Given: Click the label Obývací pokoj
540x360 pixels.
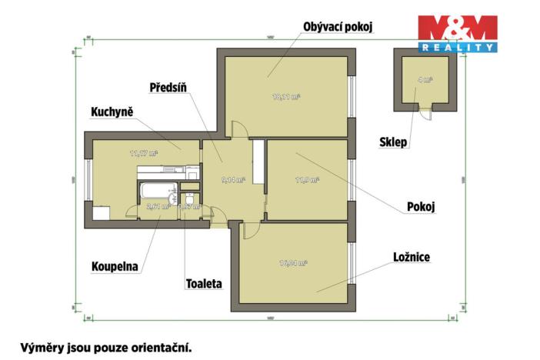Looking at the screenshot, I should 338,27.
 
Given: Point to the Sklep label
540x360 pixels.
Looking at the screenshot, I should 394,142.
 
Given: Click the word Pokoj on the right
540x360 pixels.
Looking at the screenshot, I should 422,207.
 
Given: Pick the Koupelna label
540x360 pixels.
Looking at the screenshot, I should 112,268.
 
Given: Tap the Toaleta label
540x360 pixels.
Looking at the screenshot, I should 204,283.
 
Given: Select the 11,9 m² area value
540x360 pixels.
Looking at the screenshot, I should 307,180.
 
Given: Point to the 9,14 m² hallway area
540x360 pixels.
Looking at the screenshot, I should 232,180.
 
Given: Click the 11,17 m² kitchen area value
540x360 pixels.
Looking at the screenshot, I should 144,153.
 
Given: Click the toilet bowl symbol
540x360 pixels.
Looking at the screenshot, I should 187,193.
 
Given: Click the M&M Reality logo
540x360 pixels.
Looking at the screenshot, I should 457,33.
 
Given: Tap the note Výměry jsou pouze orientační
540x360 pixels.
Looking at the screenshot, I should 104,346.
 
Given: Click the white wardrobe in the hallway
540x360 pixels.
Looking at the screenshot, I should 258,165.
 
